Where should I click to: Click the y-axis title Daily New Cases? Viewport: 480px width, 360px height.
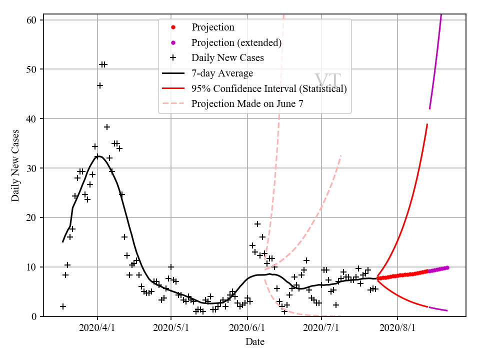[15, 166]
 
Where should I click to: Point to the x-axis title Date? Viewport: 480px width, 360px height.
[255, 342]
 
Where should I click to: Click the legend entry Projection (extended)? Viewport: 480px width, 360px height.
[236, 42]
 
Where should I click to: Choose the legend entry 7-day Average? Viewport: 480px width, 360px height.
[222, 73]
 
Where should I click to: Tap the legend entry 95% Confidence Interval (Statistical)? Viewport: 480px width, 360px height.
[269, 88]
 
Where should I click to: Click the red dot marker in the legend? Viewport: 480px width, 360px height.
[173, 27]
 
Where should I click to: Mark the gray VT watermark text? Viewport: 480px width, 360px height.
[327, 81]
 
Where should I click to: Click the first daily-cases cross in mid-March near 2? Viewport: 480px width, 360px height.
[63, 306]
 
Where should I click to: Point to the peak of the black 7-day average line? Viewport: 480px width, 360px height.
[99, 156]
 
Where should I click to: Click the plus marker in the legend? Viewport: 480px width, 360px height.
[173, 58]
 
